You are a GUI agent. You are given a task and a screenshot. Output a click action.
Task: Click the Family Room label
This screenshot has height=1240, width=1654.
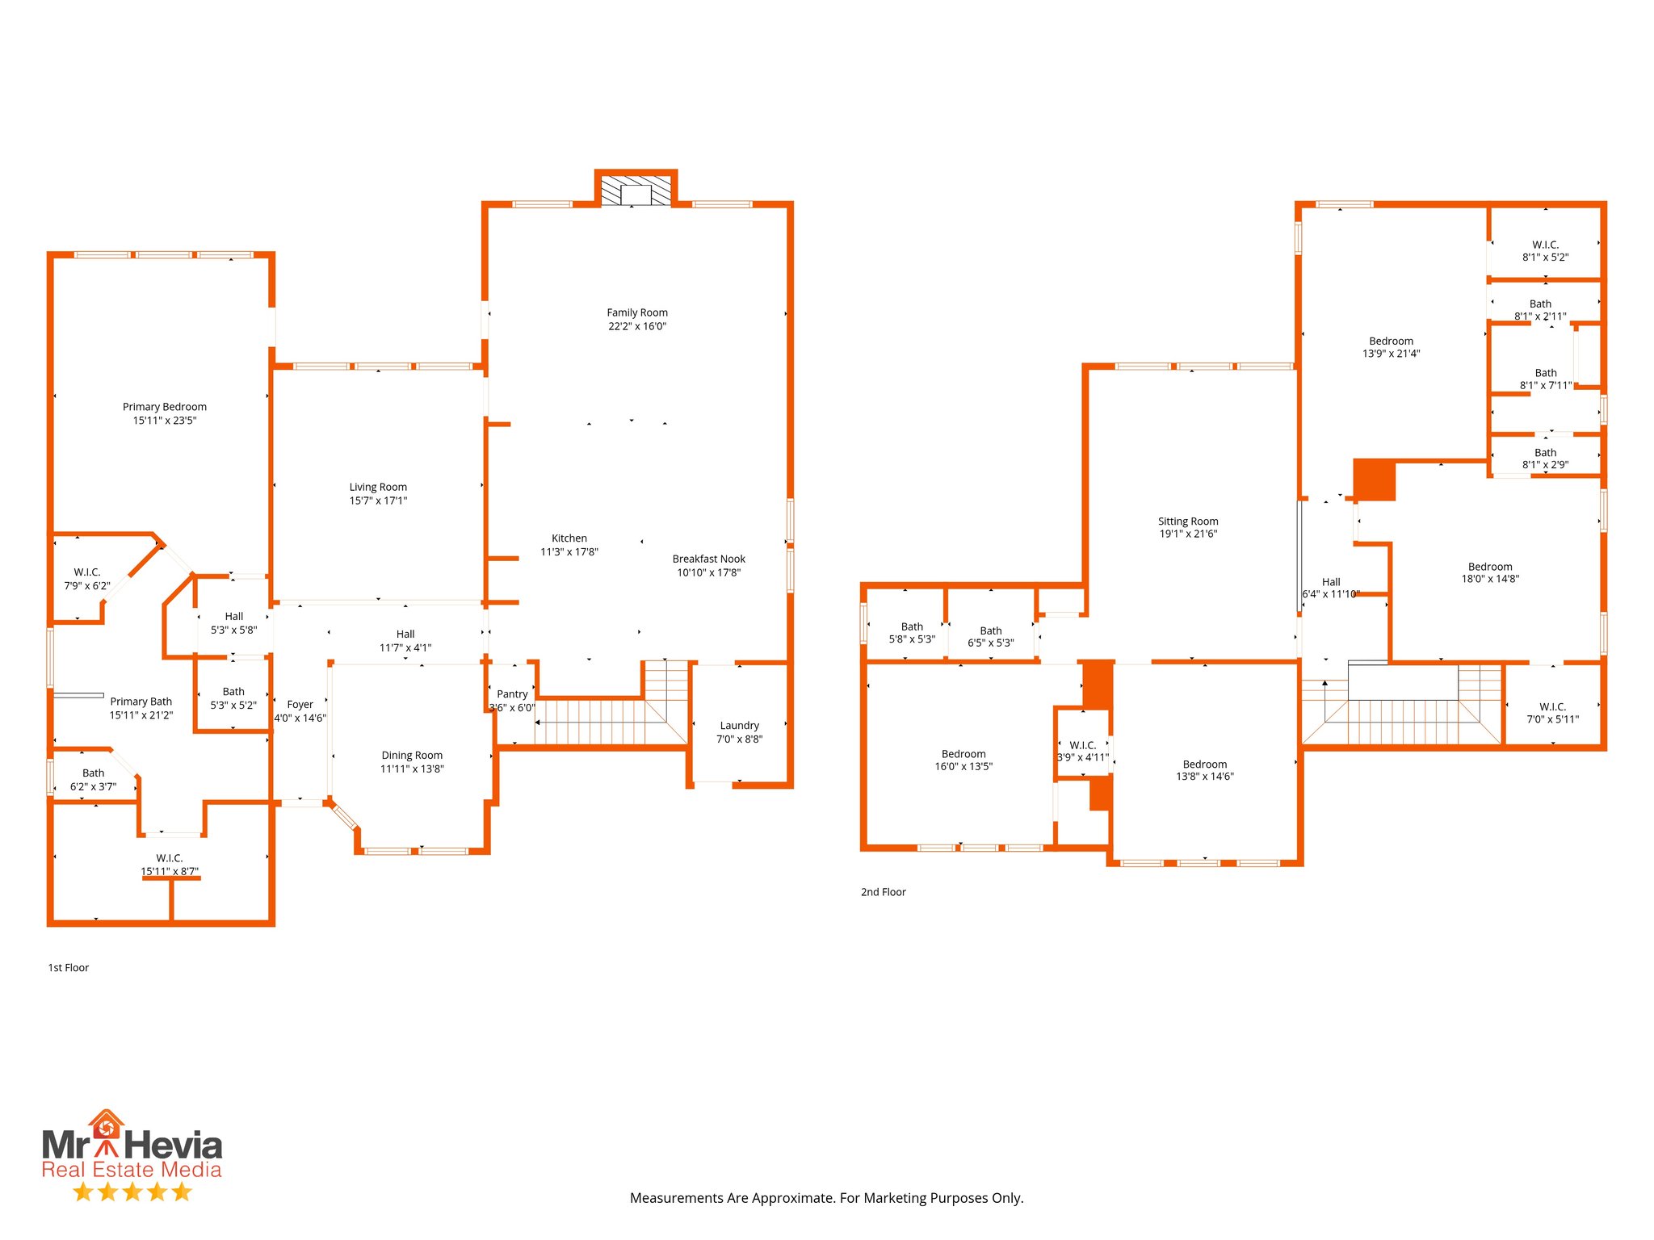pos(637,312)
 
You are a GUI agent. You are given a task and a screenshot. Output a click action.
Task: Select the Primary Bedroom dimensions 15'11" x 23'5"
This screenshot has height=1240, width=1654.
pos(165,421)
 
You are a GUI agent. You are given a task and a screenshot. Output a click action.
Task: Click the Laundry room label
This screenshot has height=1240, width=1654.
pos(739,726)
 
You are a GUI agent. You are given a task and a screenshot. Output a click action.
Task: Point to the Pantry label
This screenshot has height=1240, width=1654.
pos(512,694)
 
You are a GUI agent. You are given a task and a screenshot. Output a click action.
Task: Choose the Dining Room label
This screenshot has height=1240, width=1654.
pos(412,756)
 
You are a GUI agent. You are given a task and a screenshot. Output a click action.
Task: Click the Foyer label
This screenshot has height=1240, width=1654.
pos(300,705)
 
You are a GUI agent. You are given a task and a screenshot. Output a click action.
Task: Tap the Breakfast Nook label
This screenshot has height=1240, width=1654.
pos(708,559)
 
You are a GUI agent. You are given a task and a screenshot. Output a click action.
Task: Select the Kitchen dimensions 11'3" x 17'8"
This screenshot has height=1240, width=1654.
pos(569,552)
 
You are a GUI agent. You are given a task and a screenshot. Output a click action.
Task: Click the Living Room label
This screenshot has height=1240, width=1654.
pos(378,487)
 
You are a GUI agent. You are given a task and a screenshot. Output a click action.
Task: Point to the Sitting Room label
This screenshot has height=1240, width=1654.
pos(1187,522)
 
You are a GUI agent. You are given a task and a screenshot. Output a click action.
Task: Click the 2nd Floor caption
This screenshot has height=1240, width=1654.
pos(883,892)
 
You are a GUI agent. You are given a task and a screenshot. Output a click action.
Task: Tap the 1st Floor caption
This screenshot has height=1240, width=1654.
pos(69,968)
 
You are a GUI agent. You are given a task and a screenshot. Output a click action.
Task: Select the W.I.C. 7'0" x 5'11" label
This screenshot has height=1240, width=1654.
pos(1552,713)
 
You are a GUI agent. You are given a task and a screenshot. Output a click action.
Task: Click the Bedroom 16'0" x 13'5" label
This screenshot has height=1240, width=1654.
pos(963,760)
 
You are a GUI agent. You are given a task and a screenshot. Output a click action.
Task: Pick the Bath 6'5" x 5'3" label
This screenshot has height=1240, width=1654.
pos(990,637)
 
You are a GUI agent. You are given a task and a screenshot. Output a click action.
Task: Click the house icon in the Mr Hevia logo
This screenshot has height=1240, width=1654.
pos(107,1124)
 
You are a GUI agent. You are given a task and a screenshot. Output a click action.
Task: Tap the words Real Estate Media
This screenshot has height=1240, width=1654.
pos(132,1170)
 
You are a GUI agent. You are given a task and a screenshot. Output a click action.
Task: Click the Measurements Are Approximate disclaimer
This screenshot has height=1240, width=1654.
pos(826,1198)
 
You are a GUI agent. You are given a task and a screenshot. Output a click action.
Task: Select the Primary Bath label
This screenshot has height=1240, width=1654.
pos(141,702)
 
